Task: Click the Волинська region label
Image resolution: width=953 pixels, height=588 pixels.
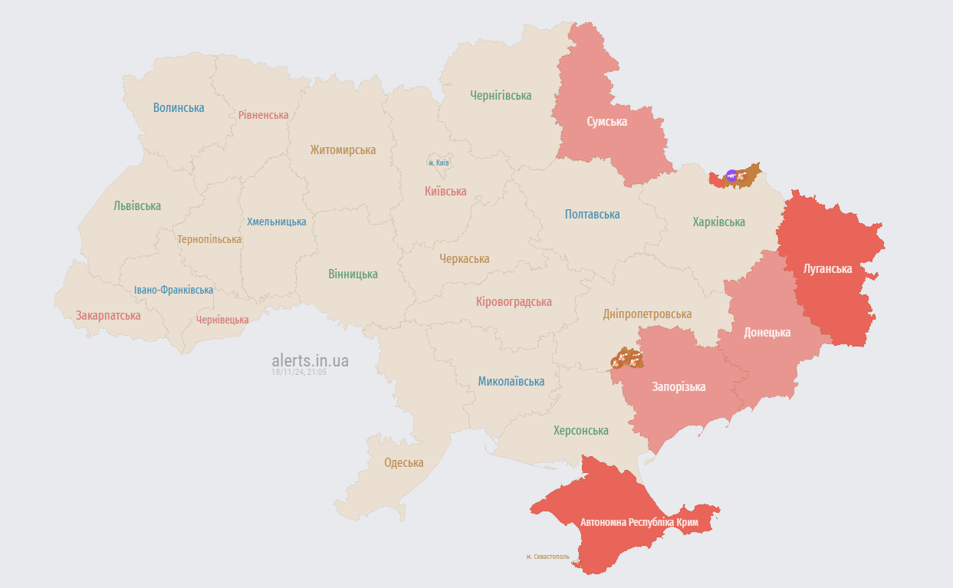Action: (x=179, y=107)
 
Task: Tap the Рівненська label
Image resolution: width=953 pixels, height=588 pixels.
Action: (x=263, y=115)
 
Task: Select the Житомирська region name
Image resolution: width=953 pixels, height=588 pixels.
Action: (x=343, y=150)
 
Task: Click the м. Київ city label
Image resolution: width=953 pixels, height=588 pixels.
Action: (x=439, y=163)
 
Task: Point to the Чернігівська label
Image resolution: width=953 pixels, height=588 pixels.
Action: (x=501, y=96)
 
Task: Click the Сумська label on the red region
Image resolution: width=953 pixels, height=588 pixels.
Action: (x=607, y=122)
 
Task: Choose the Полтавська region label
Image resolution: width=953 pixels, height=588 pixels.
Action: (x=592, y=215)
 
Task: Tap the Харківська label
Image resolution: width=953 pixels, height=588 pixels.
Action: (x=718, y=222)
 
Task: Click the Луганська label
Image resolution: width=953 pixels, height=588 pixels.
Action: (x=827, y=269)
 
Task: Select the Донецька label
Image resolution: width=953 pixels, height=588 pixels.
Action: (x=767, y=333)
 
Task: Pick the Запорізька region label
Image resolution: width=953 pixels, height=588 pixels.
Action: (x=679, y=386)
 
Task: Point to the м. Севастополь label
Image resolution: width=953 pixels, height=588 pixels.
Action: (x=547, y=557)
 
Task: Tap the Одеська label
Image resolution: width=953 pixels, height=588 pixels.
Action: (x=404, y=463)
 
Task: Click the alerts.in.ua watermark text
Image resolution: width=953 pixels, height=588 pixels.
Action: (x=310, y=360)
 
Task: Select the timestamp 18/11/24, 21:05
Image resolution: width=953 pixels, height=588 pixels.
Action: (x=299, y=372)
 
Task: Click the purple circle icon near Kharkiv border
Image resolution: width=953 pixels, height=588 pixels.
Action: (x=731, y=176)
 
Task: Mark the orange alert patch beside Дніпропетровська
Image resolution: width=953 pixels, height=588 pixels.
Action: (x=627, y=358)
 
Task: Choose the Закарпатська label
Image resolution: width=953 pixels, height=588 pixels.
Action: (x=108, y=315)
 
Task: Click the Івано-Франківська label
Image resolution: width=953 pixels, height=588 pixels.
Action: (x=173, y=290)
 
